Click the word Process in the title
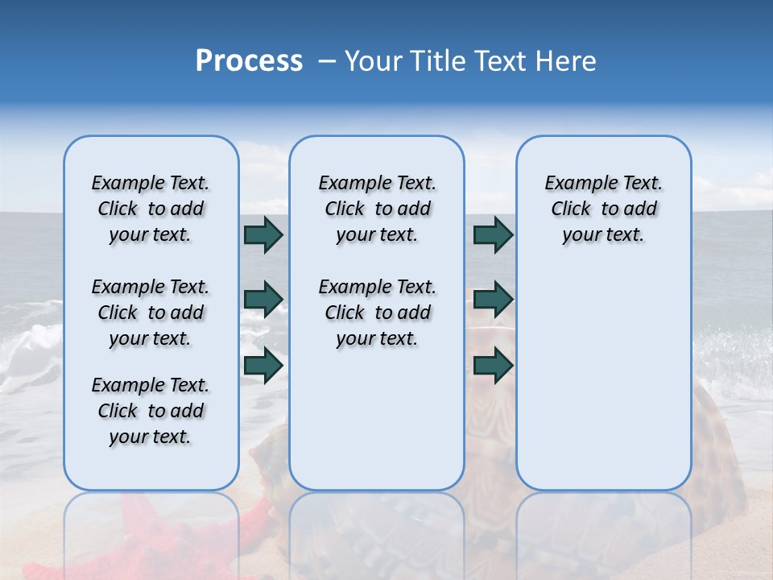pos(249,61)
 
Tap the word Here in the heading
pos(567,61)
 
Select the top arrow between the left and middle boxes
pos(263,234)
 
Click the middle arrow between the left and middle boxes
pos(263,300)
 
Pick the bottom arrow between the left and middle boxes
pos(263,365)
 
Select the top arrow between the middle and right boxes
pos(493,234)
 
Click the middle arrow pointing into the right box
pos(493,300)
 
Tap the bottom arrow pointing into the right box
pos(493,365)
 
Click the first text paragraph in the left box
pos(151,209)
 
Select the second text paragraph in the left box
pos(151,313)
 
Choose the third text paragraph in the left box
pos(151,411)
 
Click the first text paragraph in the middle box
pos(377,209)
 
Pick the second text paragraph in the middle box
pos(377,313)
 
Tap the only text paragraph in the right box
pos(603,209)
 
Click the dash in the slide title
pos(327,61)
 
